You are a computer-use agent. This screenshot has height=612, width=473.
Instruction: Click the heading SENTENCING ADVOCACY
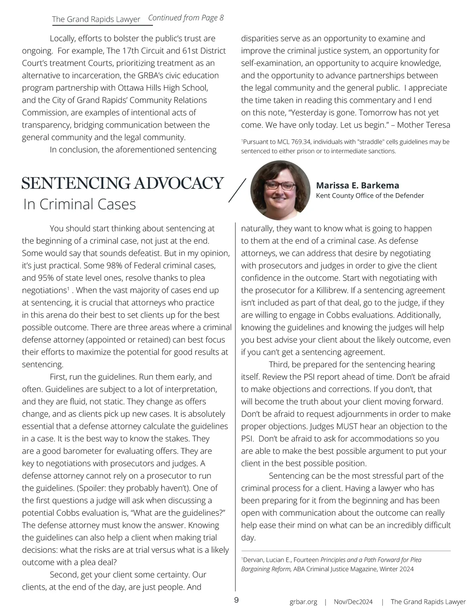(123, 183)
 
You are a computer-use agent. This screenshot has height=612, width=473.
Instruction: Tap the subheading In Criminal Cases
(80, 205)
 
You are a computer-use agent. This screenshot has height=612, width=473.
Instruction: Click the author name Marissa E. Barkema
(358, 186)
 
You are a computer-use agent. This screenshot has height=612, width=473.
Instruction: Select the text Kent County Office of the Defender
(370, 195)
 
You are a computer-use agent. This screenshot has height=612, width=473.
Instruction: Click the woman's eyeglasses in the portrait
(280, 185)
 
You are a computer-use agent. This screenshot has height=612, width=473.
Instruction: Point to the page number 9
(236, 600)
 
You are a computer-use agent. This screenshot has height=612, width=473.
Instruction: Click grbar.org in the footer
(303, 602)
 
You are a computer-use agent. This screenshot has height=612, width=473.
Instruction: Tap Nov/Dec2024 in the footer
(353, 602)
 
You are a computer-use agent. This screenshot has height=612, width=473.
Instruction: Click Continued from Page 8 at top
(186, 18)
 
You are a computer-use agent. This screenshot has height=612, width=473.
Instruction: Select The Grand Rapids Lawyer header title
(96, 19)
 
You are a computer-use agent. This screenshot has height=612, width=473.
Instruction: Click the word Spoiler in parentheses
(93, 488)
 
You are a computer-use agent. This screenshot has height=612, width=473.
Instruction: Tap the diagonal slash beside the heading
(237, 190)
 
